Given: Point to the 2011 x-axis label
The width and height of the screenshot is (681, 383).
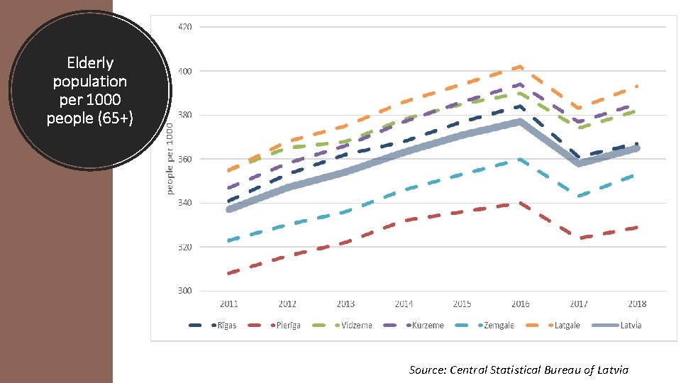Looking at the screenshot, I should tap(229, 304).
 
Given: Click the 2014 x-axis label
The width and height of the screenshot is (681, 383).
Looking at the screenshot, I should tap(404, 304).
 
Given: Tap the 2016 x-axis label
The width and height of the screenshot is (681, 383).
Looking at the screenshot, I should tap(520, 304).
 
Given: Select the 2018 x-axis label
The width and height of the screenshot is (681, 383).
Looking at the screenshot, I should tap(637, 304).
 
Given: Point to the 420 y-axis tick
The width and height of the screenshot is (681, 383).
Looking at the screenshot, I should tap(184, 27).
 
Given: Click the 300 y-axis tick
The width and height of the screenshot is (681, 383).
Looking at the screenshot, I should tap(184, 291).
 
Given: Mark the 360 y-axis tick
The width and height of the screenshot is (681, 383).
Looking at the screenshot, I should tap(184, 159).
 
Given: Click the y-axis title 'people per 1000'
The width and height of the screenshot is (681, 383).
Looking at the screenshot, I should tap(170, 158).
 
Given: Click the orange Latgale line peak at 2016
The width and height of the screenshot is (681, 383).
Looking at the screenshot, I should tap(520, 67).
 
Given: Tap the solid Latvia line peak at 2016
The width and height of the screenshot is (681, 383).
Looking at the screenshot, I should tap(520, 121).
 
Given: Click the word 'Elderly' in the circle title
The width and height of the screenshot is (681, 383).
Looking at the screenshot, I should tap(89, 62).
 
